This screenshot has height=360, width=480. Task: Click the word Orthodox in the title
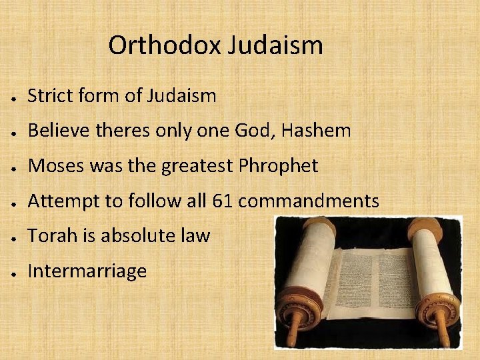tap(165, 45)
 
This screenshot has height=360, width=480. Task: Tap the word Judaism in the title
tap(275, 45)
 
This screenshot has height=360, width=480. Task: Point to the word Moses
tap(57, 165)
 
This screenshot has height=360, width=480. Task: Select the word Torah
tap(49, 235)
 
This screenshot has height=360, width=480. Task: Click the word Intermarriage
tap(87, 271)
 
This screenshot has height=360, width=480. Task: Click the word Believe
tap(57, 131)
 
